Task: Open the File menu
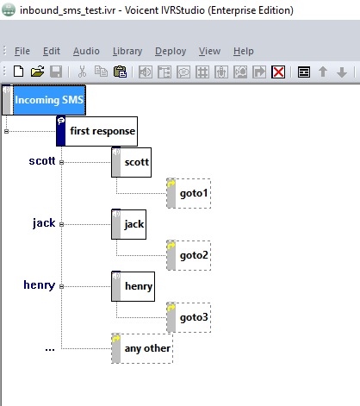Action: coord(22,51)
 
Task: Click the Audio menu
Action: coord(86,51)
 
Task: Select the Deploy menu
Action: coord(171,51)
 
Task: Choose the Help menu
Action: coord(244,51)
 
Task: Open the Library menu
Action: coord(127,51)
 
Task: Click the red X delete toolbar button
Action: coord(278,72)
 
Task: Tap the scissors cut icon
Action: coord(82,72)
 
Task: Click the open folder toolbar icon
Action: coord(37,72)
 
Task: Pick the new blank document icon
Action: coord(18,72)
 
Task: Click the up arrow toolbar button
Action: coord(323,72)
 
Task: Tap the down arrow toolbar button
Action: coord(342,72)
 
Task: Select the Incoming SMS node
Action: coord(44,100)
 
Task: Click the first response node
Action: coord(96,131)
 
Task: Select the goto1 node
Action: coord(189,193)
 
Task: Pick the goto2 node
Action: coord(189,255)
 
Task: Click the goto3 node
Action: coord(189,317)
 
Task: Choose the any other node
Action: coord(142,348)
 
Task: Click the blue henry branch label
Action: coord(40,285)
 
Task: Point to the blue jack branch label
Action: coord(44,223)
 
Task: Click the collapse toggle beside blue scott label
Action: coord(61,162)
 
